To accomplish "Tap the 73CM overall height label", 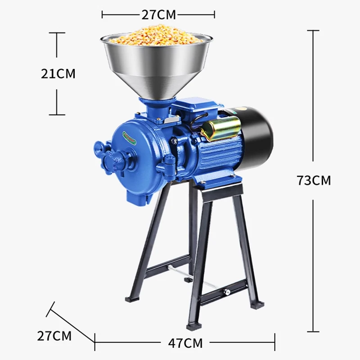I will [314, 180].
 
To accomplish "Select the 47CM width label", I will [185, 343].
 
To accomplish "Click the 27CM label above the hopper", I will [158, 14].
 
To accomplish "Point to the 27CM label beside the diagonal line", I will [54, 335].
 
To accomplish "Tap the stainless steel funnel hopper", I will [157, 67].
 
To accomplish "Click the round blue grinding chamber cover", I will [135, 153].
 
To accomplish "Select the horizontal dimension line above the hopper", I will [158, 15].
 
